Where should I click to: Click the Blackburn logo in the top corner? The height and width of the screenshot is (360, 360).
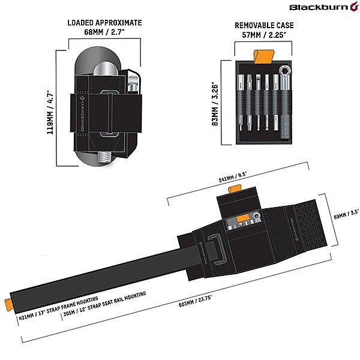tap(324, 7)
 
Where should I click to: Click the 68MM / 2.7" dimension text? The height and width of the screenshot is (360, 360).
tap(104, 32)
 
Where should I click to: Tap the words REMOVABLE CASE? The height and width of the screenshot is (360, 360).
tap(264, 25)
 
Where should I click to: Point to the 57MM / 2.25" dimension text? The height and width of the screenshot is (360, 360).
tap(264, 35)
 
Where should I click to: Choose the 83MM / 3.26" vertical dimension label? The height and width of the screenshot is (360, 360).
tap(215, 104)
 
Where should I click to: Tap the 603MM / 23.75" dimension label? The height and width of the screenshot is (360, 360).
tap(195, 301)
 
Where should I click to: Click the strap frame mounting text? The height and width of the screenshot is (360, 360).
tap(58, 308)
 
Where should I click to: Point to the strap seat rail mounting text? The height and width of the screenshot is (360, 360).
tap(104, 304)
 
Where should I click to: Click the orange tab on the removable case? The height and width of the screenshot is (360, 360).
tap(264, 56)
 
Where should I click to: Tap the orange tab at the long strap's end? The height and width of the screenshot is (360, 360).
tap(9, 305)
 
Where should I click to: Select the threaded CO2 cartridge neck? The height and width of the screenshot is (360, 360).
tap(104, 157)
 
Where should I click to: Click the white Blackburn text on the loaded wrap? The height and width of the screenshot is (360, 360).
tap(82, 114)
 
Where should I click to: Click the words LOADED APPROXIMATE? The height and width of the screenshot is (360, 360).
tap(104, 23)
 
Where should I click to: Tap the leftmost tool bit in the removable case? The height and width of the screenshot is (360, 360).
tap(241, 102)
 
